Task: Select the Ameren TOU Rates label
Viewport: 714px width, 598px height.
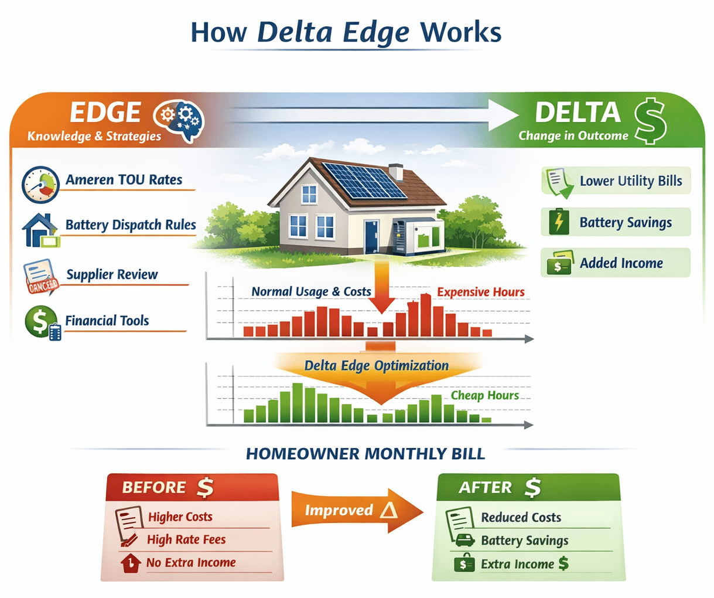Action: [x=124, y=180]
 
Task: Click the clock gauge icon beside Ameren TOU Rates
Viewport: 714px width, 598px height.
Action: [x=40, y=185]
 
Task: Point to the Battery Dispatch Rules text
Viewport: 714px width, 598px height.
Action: [x=130, y=225]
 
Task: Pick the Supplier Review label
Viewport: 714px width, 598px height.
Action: [x=112, y=274]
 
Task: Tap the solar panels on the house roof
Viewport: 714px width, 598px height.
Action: [x=365, y=180]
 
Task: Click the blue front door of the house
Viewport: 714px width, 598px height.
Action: [x=371, y=237]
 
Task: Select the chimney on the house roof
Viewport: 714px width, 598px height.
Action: [x=396, y=171]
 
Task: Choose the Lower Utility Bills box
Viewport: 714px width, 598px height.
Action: [x=616, y=181]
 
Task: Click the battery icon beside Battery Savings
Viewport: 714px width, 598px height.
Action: [x=559, y=223]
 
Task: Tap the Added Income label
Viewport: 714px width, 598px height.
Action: [x=621, y=263]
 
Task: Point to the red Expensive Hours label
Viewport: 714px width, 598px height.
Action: [x=480, y=292]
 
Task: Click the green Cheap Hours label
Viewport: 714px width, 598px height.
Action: [x=484, y=395]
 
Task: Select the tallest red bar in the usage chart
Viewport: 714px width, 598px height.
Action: [x=426, y=315]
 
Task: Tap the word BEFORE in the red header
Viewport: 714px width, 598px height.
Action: [x=154, y=487]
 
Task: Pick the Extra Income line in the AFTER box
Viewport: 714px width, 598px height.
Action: [x=518, y=564]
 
